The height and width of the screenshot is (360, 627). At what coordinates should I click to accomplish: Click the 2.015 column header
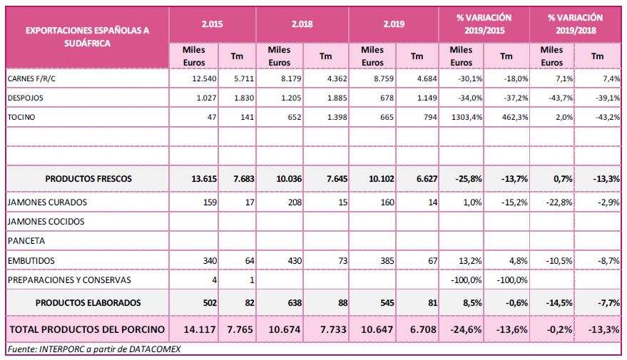coord(212,24)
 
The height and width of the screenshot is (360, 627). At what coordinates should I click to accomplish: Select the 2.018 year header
coord(302,24)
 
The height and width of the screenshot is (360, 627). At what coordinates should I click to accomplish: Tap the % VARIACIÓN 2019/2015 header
coord(484,24)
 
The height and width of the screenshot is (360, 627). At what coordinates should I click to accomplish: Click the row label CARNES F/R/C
coord(31,78)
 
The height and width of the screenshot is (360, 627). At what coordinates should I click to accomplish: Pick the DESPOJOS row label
coord(25,98)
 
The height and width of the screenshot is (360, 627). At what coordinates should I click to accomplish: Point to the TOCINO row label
coord(21,117)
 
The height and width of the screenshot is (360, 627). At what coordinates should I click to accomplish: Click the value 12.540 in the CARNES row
coord(204,78)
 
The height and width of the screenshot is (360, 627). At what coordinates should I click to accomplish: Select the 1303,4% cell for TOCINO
coord(467,117)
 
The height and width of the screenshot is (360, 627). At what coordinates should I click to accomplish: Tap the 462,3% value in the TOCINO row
coord(514,117)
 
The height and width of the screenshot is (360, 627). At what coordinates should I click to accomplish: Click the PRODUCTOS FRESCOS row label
coord(88,179)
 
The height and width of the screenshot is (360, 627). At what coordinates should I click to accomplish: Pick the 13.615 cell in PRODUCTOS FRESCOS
coord(204,179)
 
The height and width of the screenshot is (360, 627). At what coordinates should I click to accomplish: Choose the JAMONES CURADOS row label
coord(47,202)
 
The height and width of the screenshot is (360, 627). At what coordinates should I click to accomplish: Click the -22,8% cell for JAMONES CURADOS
coord(559,202)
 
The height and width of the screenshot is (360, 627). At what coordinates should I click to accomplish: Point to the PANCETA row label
coord(26,241)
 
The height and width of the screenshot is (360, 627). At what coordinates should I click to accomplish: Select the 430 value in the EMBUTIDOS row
coord(295,260)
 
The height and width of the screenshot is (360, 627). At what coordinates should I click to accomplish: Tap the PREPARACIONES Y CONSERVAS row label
coord(69,280)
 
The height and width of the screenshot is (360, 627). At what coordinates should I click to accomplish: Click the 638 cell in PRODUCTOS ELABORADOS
coord(295,303)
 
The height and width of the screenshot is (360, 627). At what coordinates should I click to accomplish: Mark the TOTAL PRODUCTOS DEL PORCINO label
coord(87,329)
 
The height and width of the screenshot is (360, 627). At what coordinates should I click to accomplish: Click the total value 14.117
coord(200,329)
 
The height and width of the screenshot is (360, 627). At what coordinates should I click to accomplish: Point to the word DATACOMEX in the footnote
coord(155,349)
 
